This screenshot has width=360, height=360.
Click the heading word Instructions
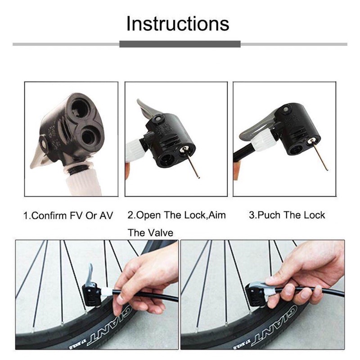point(178,24)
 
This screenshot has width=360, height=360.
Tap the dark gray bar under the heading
point(180,44)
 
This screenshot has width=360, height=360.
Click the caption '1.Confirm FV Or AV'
point(68,216)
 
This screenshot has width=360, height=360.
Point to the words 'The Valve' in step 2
point(150,233)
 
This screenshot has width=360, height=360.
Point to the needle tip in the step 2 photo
point(199,177)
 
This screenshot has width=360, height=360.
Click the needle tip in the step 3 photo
point(327,170)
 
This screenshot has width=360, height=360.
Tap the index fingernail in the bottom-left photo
point(120,298)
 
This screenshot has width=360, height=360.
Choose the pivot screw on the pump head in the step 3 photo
point(286,109)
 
